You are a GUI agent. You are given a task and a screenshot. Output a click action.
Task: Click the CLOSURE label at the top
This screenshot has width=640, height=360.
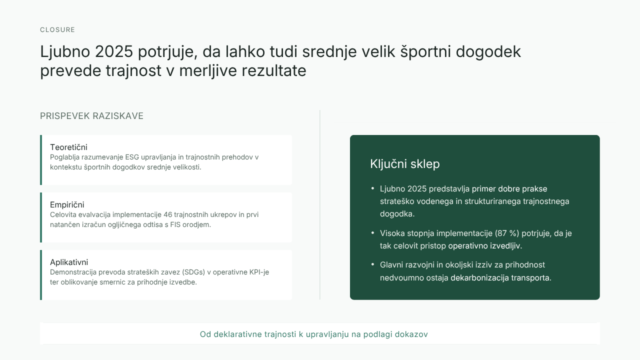[57, 29]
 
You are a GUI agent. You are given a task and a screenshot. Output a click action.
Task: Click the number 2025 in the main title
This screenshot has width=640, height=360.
[113, 51]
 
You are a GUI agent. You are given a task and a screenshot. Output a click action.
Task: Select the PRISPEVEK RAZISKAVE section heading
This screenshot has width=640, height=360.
[91, 116]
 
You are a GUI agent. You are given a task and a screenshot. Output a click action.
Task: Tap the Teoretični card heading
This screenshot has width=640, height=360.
[68, 147]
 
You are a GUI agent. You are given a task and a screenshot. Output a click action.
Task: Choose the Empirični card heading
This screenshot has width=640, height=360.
[67, 204]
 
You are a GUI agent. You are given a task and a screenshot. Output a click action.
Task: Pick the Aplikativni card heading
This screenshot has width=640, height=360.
[69, 262]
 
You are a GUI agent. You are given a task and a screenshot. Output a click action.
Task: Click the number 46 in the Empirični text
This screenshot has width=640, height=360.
[167, 214]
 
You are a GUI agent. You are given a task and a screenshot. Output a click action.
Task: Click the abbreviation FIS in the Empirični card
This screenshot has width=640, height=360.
[175, 224]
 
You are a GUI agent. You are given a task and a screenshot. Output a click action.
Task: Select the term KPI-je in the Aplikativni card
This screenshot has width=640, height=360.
[259, 272]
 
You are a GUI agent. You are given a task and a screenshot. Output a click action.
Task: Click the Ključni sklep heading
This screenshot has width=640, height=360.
[405, 164]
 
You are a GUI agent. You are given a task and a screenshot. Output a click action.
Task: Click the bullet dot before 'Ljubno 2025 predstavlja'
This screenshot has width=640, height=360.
[372, 188]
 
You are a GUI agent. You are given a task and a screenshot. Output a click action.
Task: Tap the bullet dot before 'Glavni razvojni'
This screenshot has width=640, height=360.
[372, 264]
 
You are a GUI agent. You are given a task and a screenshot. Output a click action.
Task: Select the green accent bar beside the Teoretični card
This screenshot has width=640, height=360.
[41, 160]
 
